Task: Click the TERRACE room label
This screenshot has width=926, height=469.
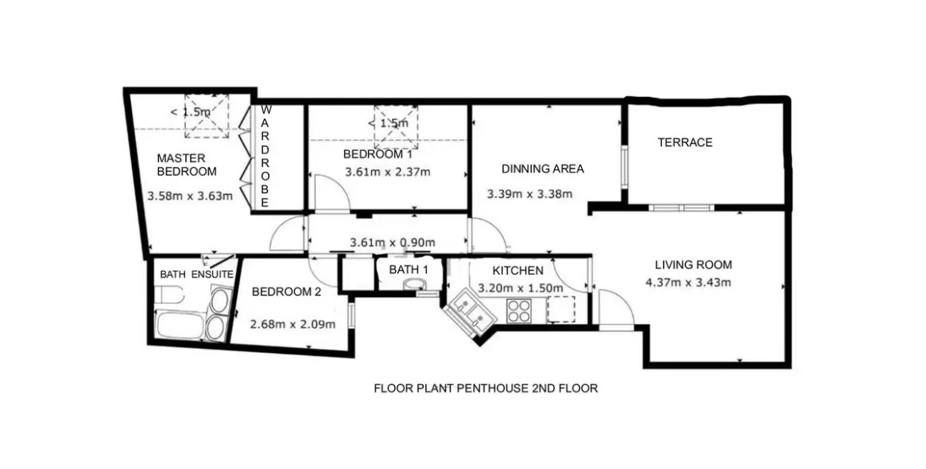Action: (685, 142)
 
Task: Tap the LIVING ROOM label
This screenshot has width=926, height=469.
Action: (693, 265)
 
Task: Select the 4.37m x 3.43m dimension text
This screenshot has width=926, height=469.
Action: (688, 282)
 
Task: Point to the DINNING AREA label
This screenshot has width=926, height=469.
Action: (543, 169)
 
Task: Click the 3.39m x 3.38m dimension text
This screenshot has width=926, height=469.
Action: (529, 194)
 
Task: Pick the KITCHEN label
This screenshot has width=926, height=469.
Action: (518, 271)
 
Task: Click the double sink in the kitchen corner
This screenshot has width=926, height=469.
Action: (470, 313)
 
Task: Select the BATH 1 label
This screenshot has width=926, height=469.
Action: (408, 270)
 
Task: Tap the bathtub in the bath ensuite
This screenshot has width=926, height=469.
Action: (180, 325)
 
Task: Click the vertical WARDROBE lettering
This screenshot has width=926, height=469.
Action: (265, 157)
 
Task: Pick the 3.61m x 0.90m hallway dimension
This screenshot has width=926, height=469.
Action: (393, 242)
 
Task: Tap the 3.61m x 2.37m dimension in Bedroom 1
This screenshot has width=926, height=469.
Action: (387, 172)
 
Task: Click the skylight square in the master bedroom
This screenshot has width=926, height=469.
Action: (207, 116)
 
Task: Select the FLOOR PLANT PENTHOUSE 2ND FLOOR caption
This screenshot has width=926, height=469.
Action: (486, 388)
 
